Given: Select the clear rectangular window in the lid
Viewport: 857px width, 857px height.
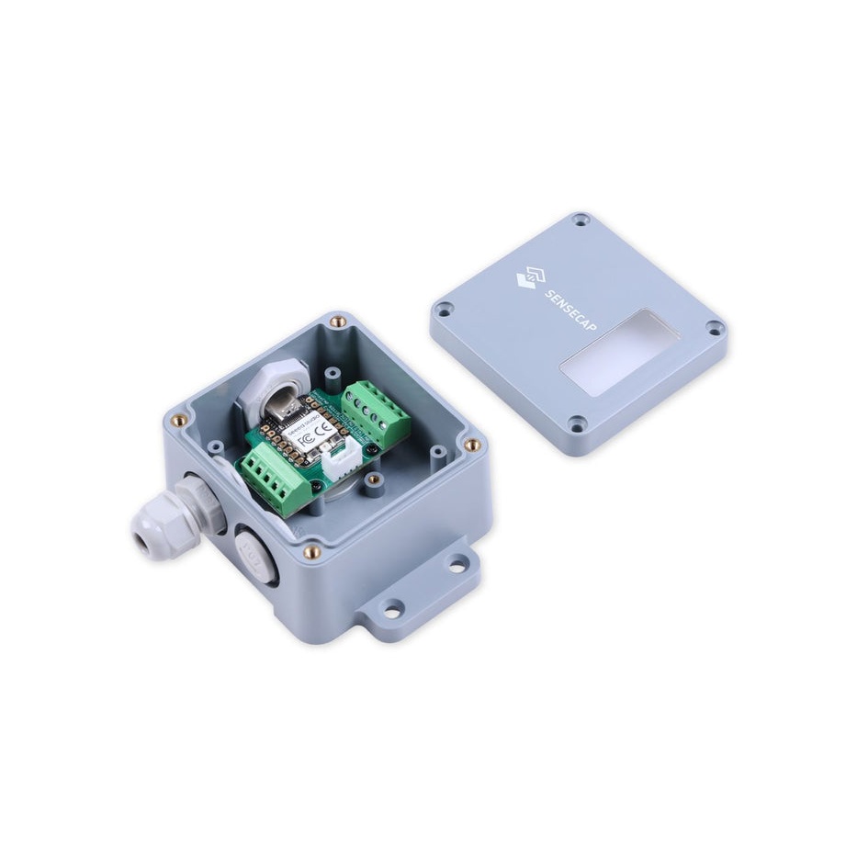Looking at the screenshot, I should (x=619, y=352).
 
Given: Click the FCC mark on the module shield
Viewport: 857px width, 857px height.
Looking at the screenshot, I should (x=306, y=440).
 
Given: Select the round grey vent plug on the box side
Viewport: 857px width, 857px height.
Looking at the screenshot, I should (x=254, y=556).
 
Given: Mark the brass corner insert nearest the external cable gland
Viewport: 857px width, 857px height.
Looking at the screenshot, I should (x=179, y=420).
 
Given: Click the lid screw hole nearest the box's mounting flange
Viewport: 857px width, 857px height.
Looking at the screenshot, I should (x=577, y=423).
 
